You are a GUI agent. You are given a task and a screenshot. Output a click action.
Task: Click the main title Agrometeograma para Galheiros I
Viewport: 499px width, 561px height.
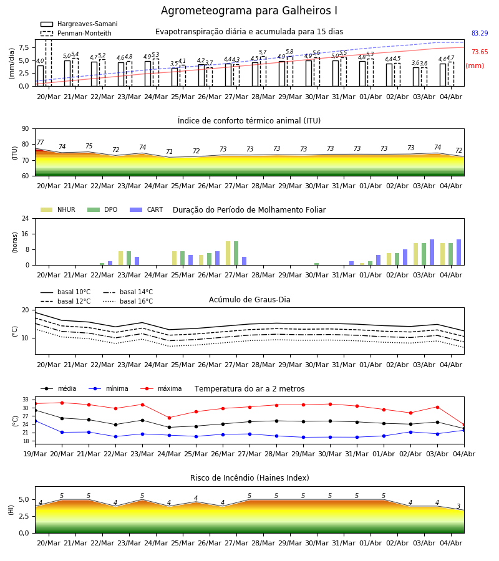[249, 11]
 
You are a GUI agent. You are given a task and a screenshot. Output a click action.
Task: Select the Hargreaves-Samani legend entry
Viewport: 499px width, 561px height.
[79, 24]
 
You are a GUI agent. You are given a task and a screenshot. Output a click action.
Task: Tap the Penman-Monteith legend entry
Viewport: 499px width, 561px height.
[76, 33]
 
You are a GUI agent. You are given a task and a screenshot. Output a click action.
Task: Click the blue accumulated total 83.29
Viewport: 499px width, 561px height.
[480, 33]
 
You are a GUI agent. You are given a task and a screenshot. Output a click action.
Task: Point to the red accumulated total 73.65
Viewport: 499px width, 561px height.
[480, 52]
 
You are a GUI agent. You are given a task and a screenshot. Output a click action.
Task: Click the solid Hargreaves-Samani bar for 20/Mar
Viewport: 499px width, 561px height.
[41, 76]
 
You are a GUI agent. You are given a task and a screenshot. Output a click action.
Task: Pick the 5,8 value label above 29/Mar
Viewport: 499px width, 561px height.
[289, 52]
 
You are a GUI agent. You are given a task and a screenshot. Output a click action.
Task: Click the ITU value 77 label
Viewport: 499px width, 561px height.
[41, 142]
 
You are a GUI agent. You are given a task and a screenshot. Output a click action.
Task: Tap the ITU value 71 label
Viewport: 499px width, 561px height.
[169, 151]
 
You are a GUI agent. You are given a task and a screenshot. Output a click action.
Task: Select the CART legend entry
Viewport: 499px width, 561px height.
[147, 209]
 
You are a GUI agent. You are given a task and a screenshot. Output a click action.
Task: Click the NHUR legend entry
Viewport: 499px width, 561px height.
[58, 209]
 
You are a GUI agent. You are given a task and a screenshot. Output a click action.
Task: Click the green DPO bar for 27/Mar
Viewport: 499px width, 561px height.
[236, 253]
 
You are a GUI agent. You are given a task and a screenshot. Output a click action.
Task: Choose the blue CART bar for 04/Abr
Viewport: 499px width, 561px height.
[459, 252]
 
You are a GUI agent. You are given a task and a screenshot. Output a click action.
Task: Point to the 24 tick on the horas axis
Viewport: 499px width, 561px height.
[26, 218]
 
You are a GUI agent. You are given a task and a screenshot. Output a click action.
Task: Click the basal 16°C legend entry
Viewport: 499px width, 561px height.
[128, 301]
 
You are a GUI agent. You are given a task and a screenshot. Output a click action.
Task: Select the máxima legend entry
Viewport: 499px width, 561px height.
[161, 388]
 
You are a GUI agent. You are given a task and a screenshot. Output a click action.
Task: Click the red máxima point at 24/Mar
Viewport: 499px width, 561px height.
[169, 418]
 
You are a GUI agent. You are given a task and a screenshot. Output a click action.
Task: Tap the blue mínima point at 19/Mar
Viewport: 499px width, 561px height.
[35, 421]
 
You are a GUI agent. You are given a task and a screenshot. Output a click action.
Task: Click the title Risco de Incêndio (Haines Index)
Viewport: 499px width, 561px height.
[249, 478]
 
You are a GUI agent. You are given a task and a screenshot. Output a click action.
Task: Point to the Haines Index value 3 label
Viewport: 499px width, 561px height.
[458, 506]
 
